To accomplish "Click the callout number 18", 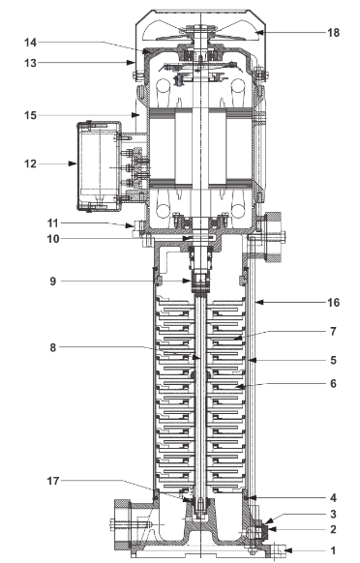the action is tap(333, 33).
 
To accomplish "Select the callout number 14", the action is tap(30, 43).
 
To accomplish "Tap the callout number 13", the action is tap(30, 63).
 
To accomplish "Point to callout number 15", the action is tap(30, 116).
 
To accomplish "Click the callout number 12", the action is tap(30, 163).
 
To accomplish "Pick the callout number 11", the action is tap(53, 223).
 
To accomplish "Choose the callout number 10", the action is tap(53, 239).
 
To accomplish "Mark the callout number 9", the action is tap(53, 281).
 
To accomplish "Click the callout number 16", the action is tap(333, 303).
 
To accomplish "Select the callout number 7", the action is tap(333, 331).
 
